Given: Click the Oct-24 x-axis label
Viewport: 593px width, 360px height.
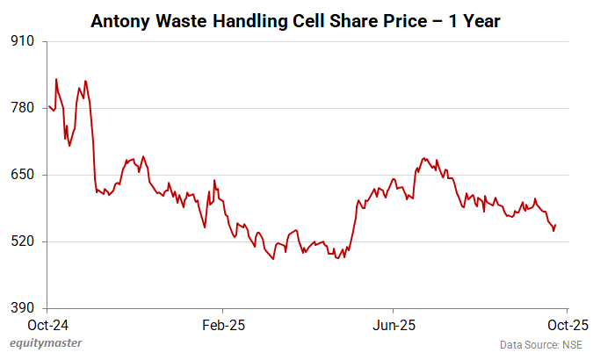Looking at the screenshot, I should (48, 324).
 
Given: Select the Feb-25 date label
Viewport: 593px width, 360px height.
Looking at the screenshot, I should (222, 324).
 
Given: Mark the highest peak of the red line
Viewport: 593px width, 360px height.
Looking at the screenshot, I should (56, 79).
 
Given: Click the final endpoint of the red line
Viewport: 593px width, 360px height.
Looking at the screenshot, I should (555, 226).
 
